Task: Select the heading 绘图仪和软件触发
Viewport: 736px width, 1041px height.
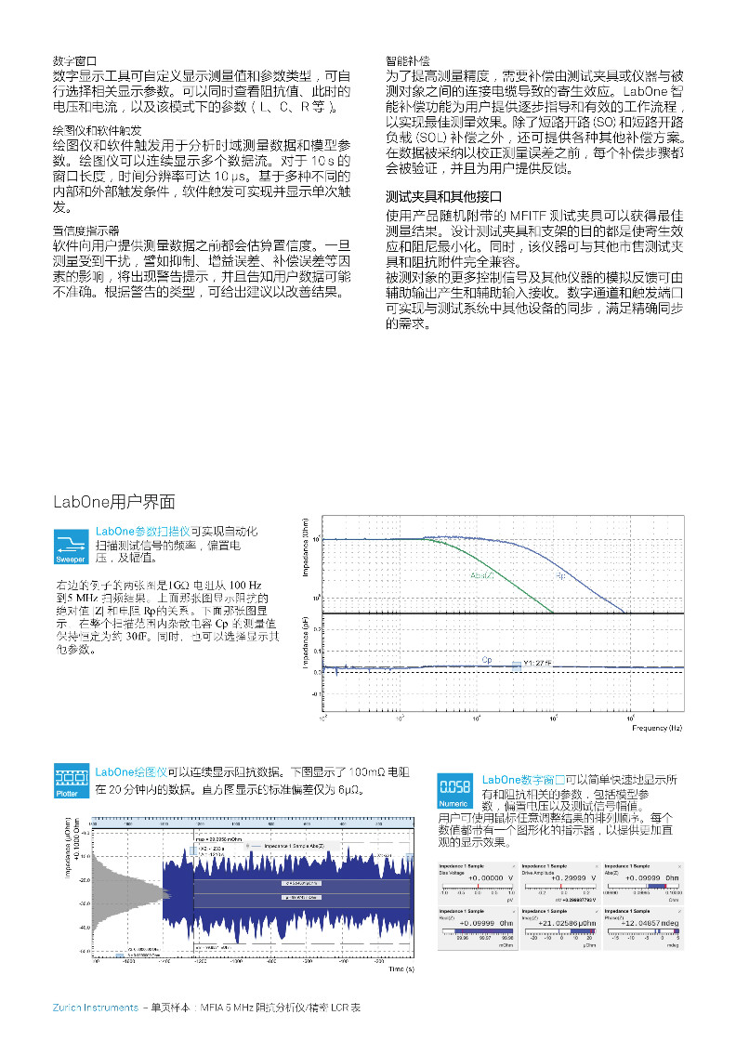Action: click(97, 130)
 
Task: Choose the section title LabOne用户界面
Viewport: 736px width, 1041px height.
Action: click(113, 502)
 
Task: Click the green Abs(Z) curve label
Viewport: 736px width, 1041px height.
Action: click(482, 576)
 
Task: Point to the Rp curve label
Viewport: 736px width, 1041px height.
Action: click(560, 577)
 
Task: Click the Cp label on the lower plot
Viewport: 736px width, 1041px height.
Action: click(486, 660)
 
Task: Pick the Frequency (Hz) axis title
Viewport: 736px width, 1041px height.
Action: click(657, 728)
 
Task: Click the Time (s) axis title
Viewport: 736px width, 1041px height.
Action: click(401, 969)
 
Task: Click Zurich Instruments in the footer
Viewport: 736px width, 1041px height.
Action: click(96, 1008)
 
